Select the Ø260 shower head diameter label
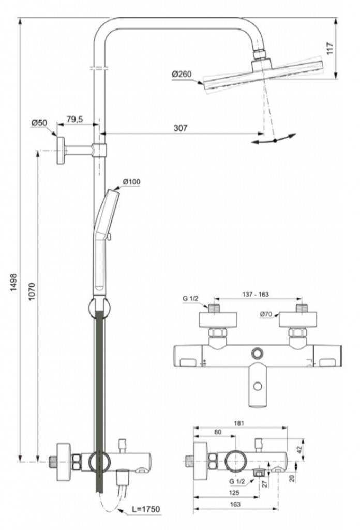pyautogui.click(x=182, y=74)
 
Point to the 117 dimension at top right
pyautogui.click(x=330, y=48)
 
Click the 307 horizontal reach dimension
pyautogui.click(x=181, y=128)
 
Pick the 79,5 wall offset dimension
pyautogui.click(x=74, y=120)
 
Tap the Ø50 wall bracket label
pyautogui.click(x=39, y=123)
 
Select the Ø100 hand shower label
pyautogui.click(x=132, y=182)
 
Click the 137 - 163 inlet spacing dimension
pyautogui.click(x=256, y=294)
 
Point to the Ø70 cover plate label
pyautogui.click(x=266, y=314)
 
